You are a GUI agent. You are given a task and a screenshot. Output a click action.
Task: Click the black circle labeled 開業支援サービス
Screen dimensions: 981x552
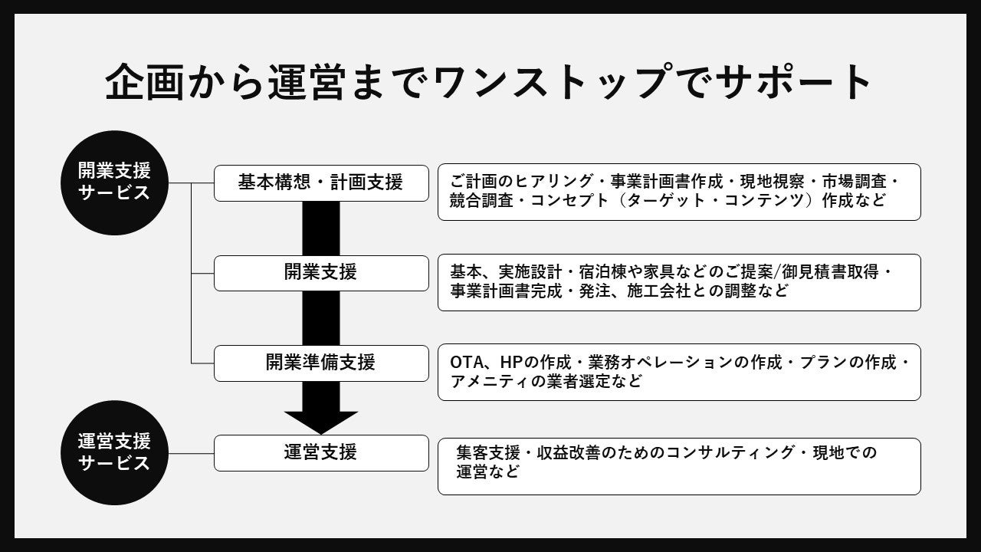click(115, 182)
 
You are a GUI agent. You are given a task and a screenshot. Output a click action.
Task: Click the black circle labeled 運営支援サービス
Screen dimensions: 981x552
click(115, 452)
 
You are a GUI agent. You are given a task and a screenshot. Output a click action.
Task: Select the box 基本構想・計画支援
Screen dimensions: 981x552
click(320, 182)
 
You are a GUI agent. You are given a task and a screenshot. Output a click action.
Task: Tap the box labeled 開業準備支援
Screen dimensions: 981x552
click(320, 363)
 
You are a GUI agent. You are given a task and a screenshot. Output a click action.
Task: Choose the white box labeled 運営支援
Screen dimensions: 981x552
click(320, 452)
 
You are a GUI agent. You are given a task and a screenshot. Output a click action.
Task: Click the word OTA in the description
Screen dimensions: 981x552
click(467, 363)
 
